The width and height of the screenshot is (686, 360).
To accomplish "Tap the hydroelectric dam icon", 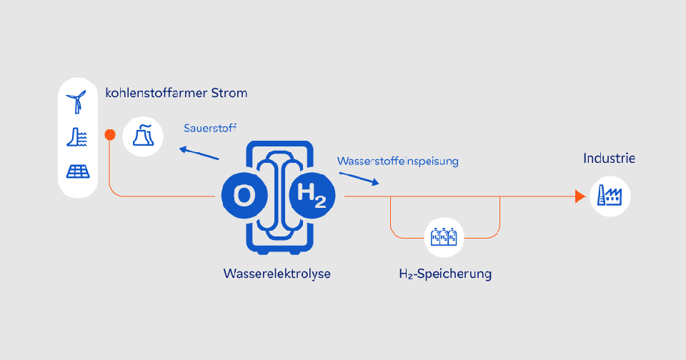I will [77, 136].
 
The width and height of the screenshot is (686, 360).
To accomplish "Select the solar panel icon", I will [77, 171].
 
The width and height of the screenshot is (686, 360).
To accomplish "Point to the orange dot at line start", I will [109, 134].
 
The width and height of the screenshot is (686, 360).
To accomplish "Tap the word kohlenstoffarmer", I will [154, 94].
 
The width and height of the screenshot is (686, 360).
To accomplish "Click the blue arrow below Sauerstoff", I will [199, 154].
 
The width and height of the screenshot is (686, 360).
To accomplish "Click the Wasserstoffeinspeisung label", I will [398, 161].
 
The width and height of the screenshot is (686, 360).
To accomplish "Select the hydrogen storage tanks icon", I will [444, 235].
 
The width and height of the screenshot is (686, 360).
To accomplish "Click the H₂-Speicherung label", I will [445, 274].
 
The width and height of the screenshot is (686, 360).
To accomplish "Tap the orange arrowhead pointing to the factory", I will [580, 196].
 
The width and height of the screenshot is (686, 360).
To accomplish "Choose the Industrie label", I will [608, 159].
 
